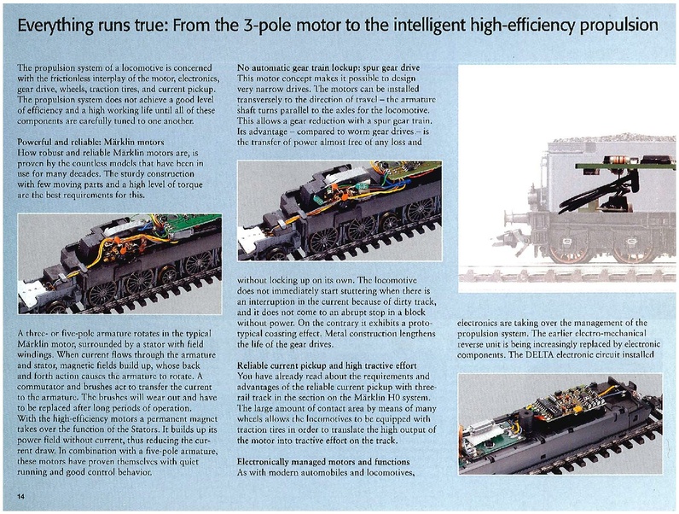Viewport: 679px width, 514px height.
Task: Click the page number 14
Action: [x=20, y=496]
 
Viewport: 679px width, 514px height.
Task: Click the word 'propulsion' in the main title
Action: [x=618, y=26]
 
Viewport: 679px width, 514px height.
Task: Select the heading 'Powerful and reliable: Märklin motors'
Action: [x=91, y=142]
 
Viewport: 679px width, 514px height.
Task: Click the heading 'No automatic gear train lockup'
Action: [x=298, y=67]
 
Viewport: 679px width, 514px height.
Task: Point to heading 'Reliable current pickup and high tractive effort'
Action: [x=327, y=365]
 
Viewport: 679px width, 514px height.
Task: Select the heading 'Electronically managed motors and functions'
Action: [x=323, y=462]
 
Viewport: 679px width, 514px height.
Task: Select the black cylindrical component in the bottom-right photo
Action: [x=525, y=419]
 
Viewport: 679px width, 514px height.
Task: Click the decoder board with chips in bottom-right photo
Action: [x=566, y=401]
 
